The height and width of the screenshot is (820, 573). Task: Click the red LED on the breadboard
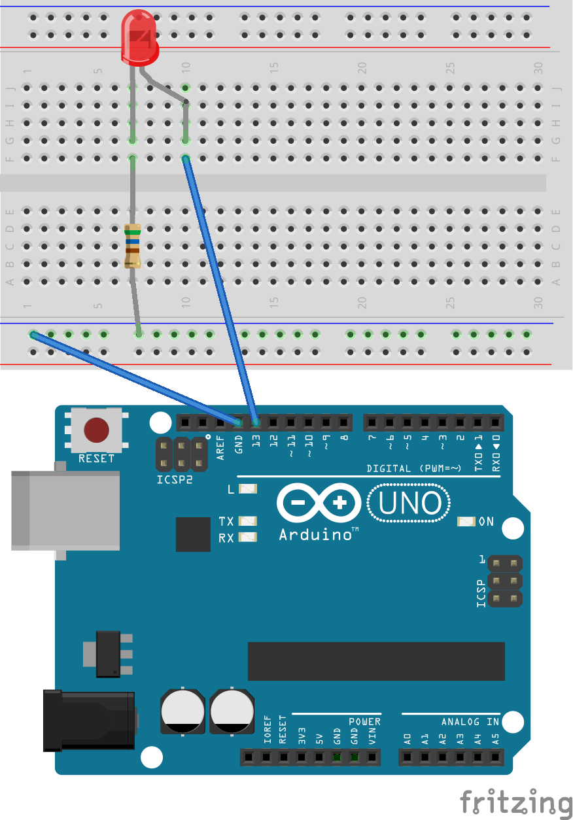[141, 37]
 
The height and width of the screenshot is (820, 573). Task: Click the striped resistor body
[133, 245]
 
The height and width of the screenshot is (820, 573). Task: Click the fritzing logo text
[515, 802]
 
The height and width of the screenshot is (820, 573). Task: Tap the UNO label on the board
[409, 504]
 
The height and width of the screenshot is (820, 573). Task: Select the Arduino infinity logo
[319, 504]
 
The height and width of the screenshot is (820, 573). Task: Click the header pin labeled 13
[256, 422]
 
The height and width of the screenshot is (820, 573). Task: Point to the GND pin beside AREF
[238, 422]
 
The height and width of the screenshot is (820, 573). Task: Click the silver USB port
[65, 511]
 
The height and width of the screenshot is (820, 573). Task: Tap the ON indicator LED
[467, 522]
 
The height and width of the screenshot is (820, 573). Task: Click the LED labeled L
[249, 488]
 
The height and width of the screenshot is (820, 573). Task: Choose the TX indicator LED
[249, 521]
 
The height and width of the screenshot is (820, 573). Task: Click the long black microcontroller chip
[376, 661]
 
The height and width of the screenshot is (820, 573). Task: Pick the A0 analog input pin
[407, 758]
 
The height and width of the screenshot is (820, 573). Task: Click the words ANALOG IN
[470, 722]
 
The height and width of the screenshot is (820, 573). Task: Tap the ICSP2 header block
[181, 455]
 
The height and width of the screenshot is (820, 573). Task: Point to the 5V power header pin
[319, 758]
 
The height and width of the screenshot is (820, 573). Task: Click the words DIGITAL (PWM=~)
[414, 468]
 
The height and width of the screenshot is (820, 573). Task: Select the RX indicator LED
[249, 538]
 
